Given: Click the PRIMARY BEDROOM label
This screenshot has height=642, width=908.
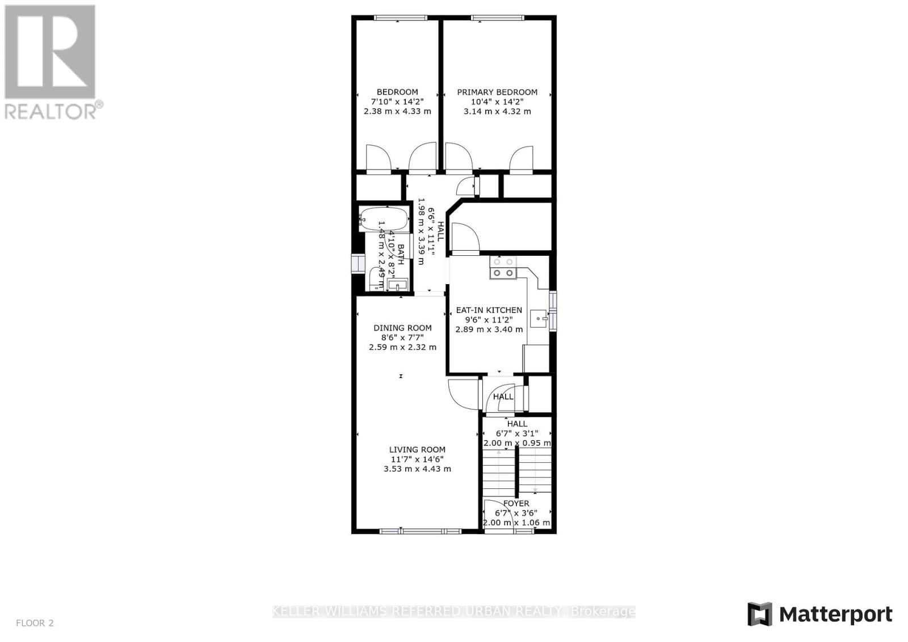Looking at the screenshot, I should click(497, 92).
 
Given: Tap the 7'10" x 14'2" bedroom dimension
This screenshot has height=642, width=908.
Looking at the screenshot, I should click(397, 102).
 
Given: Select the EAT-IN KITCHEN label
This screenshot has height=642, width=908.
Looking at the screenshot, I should click(489, 310).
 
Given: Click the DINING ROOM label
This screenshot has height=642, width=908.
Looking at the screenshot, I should click(402, 328).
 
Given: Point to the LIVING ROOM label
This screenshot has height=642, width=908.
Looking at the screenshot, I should click(417, 450).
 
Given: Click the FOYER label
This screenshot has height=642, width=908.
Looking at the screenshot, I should click(516, 504).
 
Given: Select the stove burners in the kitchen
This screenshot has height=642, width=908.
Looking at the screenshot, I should click(503, 268).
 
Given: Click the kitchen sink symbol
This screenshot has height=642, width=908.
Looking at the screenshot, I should click(538, 319).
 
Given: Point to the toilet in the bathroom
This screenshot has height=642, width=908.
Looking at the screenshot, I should click(375, 279).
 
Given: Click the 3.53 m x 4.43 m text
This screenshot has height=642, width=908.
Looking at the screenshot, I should click(417, 469).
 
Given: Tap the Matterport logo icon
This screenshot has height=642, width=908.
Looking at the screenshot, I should click(759, 614).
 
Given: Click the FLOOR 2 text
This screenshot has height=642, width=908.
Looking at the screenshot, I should click(35, 623).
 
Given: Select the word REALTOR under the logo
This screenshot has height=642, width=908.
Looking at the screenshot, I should click(51, 111).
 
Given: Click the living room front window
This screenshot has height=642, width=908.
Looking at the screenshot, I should click(420, 531).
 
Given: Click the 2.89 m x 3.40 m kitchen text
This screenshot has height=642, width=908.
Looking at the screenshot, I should click(489, 330).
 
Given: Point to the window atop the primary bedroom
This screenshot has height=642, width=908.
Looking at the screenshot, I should click(497, 18).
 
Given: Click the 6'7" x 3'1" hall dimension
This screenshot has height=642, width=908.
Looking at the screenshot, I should click(516, 433).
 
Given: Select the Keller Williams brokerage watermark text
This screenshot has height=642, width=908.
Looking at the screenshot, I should click(454, 611).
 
